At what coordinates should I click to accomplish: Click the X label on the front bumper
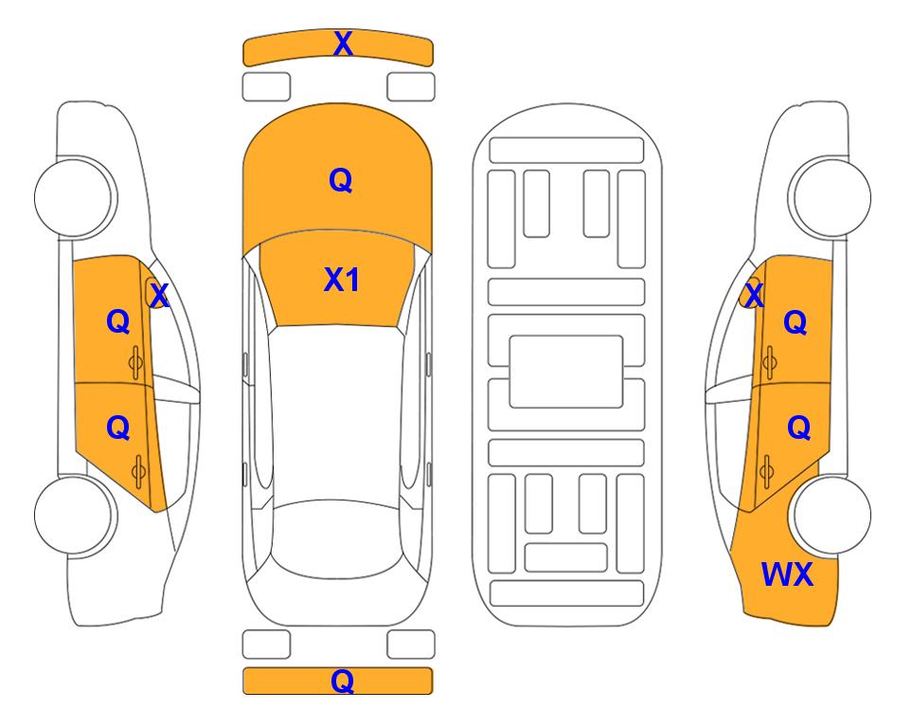343,43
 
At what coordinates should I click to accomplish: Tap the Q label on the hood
340,180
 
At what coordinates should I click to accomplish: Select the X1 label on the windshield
341,280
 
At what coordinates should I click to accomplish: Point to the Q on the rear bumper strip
342,681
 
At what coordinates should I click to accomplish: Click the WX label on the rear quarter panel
787,573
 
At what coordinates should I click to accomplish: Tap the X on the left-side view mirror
159,296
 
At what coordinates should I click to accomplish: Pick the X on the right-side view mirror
753,296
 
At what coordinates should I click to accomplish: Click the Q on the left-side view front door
117,322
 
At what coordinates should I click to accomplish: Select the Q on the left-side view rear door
117,428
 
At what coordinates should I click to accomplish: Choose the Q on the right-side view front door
796,323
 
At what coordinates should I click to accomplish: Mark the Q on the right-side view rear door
798,428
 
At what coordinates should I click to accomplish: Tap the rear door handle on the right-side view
768,468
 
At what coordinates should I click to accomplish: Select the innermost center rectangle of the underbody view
566,371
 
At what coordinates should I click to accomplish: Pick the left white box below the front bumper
266,86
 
